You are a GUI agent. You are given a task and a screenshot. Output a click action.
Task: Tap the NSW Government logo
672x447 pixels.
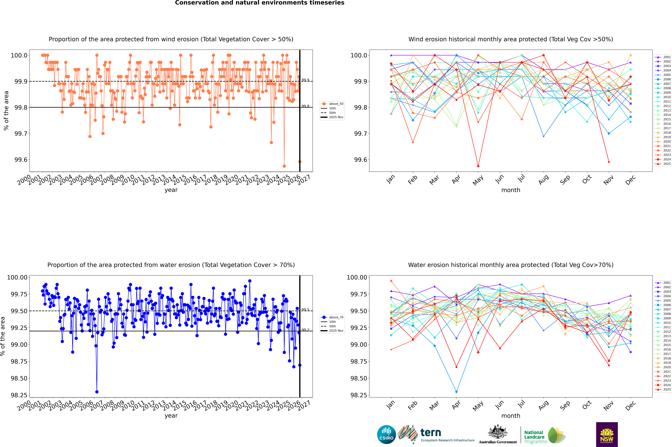pyautogui.click(x=607, y=434)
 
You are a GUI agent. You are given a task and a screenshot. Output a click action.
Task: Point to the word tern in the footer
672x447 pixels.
pyautogui.click(x=431, y=433)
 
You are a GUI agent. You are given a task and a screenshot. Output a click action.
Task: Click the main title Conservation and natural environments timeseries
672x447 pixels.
pyautogui.click(x=260, y=3)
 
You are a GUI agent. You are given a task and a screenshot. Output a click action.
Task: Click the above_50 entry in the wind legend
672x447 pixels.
pyautogui.click(x=336, y=104)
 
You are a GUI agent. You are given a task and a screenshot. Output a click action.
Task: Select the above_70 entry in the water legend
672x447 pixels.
pyautogui.click(x=336, y=317)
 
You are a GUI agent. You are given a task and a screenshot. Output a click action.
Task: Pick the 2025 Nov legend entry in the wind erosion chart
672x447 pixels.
pyautogui.click(x=336, y=117)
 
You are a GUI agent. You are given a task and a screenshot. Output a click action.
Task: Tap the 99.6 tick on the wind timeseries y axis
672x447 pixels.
pyautogui.click(x=21, y=160)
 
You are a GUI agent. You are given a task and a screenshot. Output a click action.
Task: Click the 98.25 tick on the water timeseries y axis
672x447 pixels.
pyautogui.click(x=17, y=395)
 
